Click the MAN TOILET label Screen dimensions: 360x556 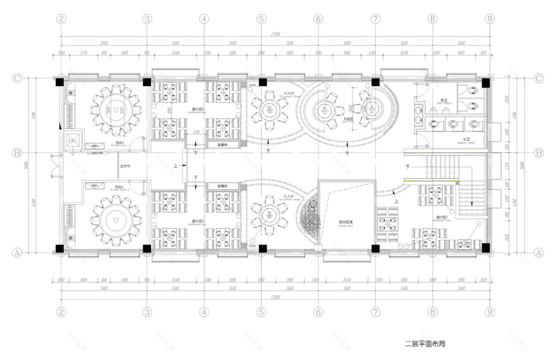pyautogui.click(x=444, y=102)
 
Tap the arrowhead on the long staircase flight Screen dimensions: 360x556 pyautogui.click(x=471, y=204)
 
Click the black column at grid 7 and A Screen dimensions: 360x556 pyautogui.click(x=375, y=249)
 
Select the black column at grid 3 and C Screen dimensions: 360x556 pyautogui.click(x=147, y=81)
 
